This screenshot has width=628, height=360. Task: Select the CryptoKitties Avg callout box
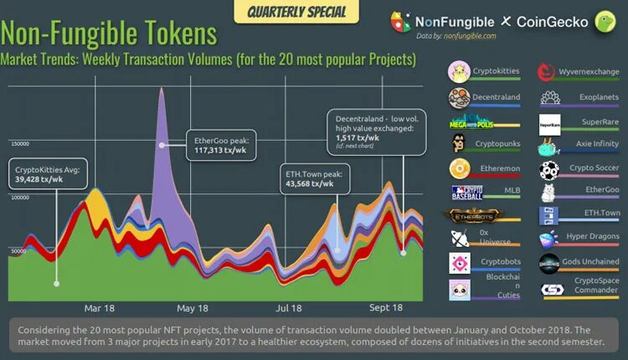point(47,174)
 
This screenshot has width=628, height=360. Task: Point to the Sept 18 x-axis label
point(385,306)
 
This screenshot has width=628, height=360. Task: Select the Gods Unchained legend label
point(589,261)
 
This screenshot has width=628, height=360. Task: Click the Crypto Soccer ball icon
point(549,170)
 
